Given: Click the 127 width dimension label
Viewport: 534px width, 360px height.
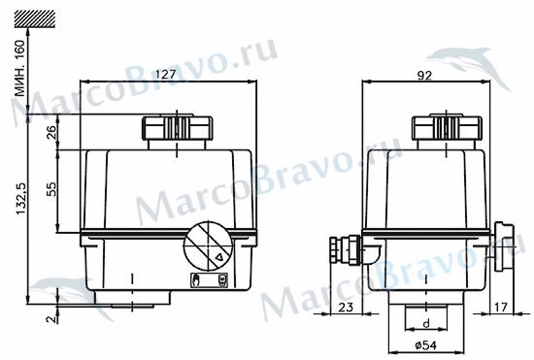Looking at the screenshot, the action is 165,74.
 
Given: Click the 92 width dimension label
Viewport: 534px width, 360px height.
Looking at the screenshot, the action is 424,76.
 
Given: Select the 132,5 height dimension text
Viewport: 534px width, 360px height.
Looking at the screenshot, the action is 21,199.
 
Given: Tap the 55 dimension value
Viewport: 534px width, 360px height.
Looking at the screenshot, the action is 51,189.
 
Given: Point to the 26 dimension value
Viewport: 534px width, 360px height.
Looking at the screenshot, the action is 51,132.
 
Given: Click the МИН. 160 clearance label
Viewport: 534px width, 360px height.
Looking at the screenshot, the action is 19,68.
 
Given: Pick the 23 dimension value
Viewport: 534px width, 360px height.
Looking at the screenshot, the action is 346,308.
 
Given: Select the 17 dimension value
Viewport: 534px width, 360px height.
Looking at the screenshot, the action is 500,308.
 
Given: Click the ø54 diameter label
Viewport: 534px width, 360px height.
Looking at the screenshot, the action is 425,345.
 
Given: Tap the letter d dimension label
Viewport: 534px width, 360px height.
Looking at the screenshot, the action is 426,323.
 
